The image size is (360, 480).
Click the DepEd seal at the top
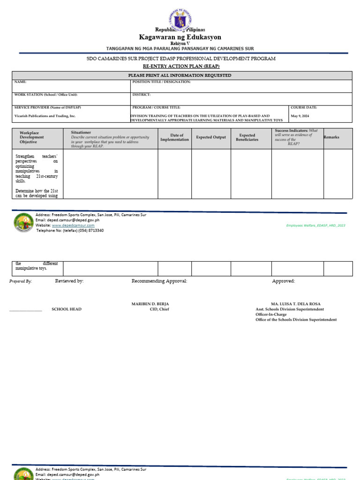pos(180,19)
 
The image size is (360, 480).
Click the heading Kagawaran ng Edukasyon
pos(180,37)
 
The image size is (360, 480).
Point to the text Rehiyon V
pos(180,43)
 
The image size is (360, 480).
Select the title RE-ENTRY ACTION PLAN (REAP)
pos(180,67)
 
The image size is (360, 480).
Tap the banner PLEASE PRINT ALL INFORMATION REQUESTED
pos(180,75)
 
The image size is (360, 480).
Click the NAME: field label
pos(20,82)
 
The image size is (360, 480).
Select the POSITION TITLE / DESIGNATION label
pos(162,82)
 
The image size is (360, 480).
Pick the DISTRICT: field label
pos(142,95)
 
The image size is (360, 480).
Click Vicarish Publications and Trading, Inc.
pos(45,116)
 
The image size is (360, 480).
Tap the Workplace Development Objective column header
pos(32,137)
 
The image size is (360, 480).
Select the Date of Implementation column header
pos(174,137)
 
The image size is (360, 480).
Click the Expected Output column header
pos(211,137)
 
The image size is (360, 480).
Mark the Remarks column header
pos(331,137)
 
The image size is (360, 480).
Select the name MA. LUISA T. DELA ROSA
pos(296,304)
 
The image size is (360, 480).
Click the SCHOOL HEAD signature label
pos(66,309)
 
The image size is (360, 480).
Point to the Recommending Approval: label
pos(159,281)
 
